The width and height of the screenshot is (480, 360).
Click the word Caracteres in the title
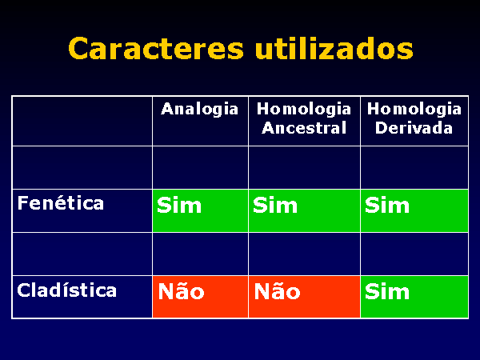[156, 48]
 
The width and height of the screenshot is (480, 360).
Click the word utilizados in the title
[334, 48]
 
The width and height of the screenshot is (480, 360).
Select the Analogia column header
[199, 110]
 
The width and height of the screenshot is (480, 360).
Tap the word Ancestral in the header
[304, 128]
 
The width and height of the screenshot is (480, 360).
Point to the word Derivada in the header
[414, 128]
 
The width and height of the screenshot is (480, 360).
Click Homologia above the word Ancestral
[304, 110]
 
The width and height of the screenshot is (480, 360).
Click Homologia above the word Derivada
[414, 110]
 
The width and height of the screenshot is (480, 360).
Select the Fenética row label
[61, 203]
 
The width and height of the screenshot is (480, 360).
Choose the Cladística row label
[66, 290]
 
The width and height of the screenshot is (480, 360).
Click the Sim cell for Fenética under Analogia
[200, 210]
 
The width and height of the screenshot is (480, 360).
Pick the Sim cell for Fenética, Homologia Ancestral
[304, 210]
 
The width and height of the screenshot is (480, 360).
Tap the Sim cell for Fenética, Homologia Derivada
[414, 210]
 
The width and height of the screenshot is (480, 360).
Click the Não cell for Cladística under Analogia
[200, 297]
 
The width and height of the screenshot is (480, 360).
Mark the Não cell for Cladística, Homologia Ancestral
[304, 297]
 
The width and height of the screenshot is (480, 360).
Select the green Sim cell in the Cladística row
[414, 297]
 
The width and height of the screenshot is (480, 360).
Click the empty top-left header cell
[82, 121]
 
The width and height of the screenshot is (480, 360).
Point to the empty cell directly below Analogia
[200, 167]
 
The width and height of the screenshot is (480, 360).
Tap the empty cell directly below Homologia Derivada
[414, 167]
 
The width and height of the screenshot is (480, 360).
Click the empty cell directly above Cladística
[82, 254]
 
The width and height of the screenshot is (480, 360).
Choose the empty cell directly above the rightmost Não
[304, 254]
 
